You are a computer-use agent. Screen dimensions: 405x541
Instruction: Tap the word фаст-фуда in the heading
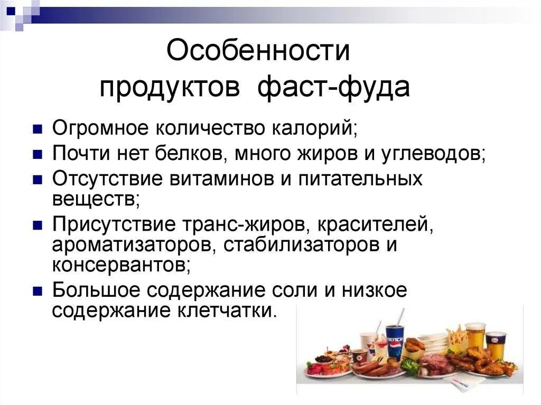334,87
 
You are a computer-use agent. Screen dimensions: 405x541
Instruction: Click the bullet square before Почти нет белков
38,154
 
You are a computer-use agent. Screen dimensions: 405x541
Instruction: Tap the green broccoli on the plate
409,365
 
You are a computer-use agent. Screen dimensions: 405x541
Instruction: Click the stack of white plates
434,341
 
